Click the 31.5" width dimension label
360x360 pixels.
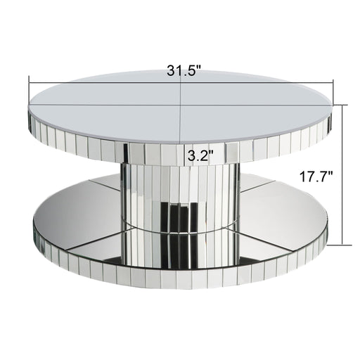click(x=184, y=70)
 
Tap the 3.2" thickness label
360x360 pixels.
click(x=200, y=155)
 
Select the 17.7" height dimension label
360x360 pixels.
click(x=316, y=176)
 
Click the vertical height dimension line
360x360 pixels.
click(x=342, y=175)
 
